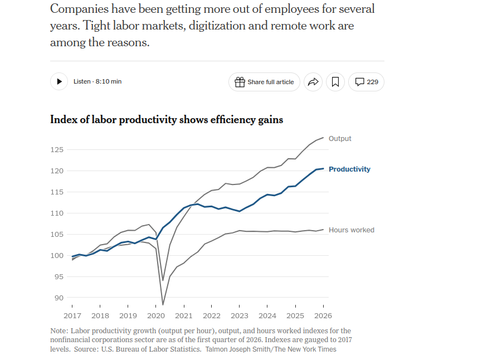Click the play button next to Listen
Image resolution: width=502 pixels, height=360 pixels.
59,82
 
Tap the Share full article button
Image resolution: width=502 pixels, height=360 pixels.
264,82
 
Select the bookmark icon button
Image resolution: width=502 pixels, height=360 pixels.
335,82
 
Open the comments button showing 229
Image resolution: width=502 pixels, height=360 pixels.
366,82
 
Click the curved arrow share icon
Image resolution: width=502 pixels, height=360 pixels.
313,82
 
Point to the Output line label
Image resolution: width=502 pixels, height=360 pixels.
340,139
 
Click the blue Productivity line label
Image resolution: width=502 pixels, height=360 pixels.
349,169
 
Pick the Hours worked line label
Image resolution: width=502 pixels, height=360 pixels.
351,230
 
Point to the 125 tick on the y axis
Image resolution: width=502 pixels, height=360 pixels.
57,149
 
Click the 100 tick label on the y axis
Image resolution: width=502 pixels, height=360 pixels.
57,256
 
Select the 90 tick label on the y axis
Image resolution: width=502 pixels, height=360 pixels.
59,298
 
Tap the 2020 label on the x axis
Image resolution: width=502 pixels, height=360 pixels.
156,316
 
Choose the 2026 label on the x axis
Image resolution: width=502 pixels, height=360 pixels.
323,316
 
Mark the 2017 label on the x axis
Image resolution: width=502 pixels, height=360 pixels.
72,316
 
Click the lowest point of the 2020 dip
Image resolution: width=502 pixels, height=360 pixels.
163,305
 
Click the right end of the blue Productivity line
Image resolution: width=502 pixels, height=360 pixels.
323,168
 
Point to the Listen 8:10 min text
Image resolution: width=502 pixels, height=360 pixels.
98,82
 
